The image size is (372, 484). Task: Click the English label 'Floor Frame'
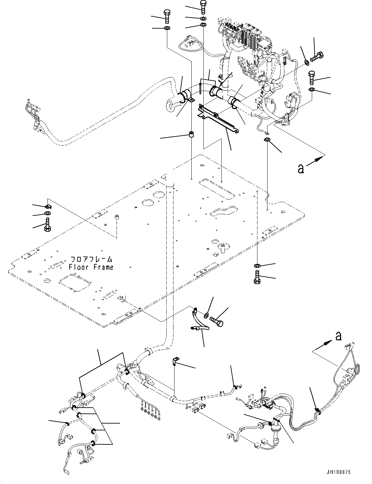tap(91, 267)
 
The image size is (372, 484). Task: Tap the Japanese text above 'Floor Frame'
tap(92, 259)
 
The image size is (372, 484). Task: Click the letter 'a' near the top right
tap(301, 168)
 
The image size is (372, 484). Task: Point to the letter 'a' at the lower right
tap(338, 336)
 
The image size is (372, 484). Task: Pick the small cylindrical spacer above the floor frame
tap(192, 134)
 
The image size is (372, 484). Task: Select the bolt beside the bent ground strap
tap(217, 320)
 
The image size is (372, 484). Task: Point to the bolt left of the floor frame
tap(47, 225)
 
